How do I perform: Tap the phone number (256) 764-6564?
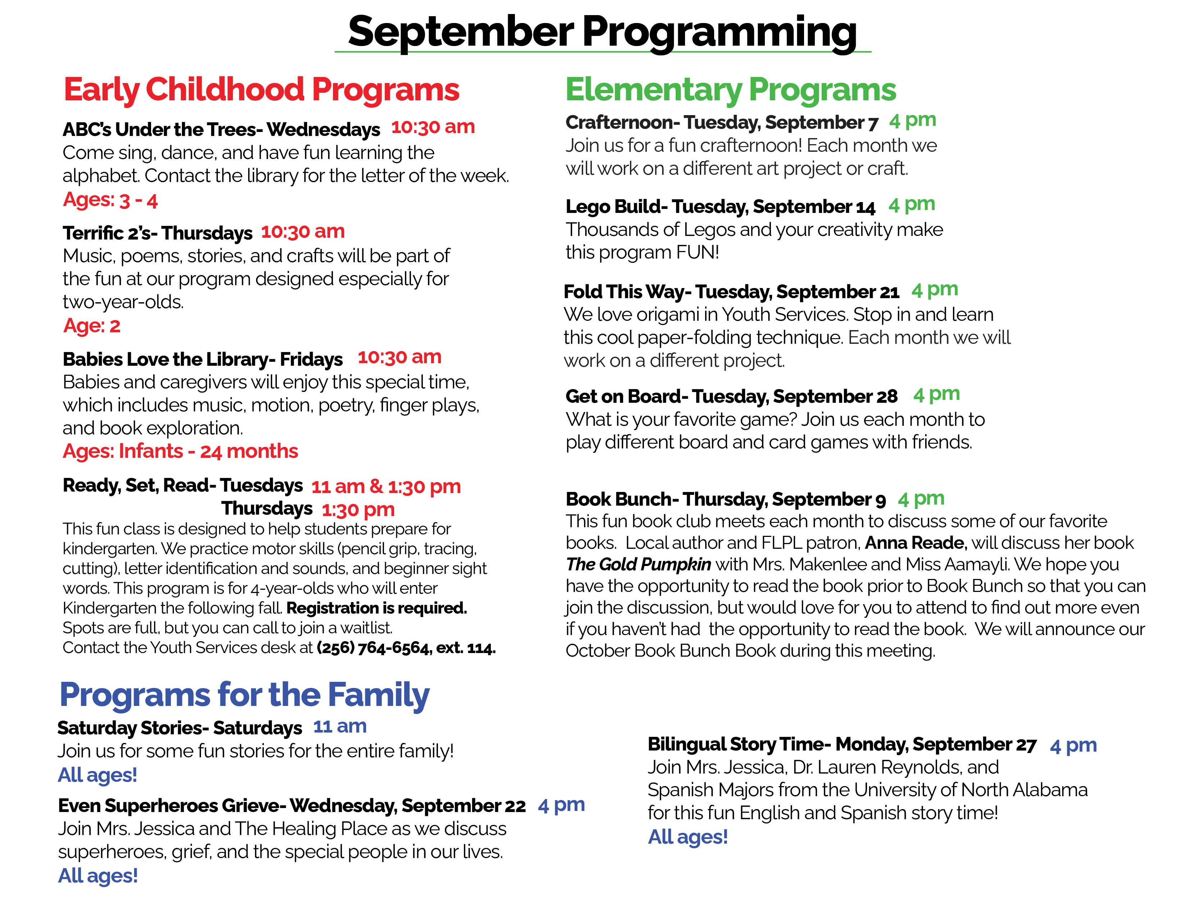[373, 648]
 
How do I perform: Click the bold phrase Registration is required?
[376, 608]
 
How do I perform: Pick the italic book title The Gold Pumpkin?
[638, 565]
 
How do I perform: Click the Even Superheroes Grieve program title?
[291, 806]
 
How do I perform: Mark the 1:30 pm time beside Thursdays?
[358, 510]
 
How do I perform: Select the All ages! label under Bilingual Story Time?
[688, 837]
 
